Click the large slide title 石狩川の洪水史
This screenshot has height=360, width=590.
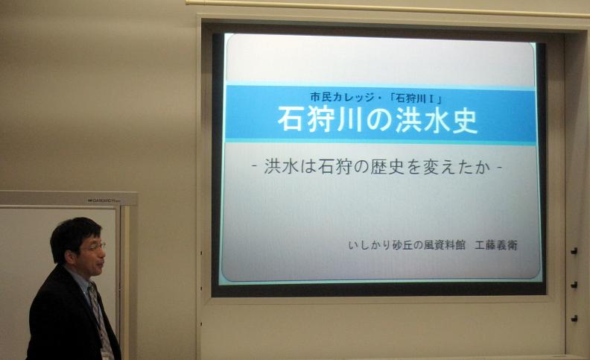coord(378,119)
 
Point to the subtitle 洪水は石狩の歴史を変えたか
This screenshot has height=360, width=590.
coord(378,167)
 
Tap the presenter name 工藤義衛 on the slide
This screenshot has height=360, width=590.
coord(496,245)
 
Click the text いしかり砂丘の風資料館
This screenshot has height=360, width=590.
coord(407,245)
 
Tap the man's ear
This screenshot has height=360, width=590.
coord(71,257)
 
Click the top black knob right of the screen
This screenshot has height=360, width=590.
coord(574,250)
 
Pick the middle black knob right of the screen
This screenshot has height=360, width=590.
coord(574,285)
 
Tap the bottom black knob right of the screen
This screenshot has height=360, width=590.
coord(574,318)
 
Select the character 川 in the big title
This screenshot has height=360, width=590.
coord(350,120)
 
